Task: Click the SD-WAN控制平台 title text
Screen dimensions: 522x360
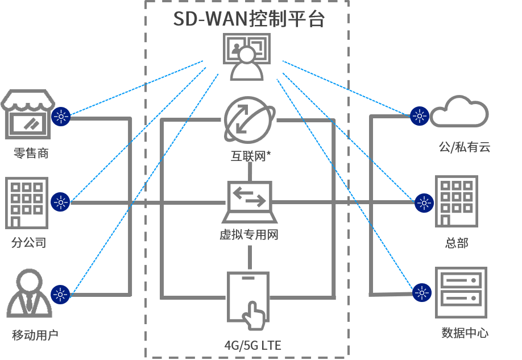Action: [248, 19]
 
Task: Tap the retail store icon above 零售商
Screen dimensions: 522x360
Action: [28, 114]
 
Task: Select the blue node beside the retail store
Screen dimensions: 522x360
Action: [61, 117]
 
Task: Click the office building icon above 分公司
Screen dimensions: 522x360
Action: [27, 203]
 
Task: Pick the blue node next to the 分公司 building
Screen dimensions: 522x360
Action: [60, 202]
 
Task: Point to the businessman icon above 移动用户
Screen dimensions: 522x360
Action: [30, 293]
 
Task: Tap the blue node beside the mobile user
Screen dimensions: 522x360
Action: [60, 295]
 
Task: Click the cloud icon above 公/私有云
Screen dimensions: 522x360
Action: [459, 111]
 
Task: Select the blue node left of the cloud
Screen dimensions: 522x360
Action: [420, 116]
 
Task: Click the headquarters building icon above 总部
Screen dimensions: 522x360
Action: [457, 201]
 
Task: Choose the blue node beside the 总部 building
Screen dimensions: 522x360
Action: [424, 203]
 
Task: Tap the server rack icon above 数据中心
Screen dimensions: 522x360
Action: [461, 292]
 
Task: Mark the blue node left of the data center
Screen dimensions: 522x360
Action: [422, 293]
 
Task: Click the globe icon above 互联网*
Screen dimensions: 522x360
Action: [250, 120]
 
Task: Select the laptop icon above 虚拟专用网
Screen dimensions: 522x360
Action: [250, 202]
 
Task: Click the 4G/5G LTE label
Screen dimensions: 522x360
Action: [252, 345]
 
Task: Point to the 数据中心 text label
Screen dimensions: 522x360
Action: [465, 333]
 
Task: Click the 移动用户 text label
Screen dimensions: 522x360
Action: [35, 335]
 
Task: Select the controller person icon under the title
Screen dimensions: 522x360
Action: [247, 57]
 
